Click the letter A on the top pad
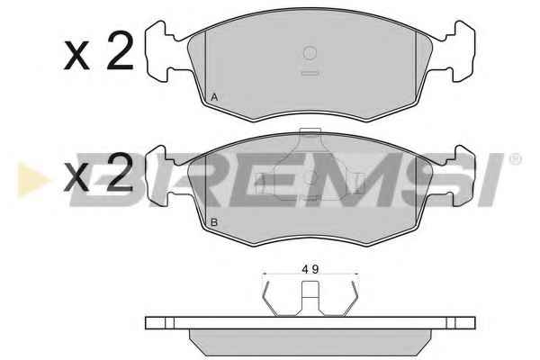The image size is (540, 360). click(214, 97)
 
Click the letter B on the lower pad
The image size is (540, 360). click(214, 222)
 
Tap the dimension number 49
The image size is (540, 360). click(310, 269)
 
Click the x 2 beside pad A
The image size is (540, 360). click(99, 51)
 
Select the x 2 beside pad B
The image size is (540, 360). click(99, 172)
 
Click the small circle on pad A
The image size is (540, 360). click(310, 53)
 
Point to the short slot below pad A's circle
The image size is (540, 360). click(310, 73)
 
